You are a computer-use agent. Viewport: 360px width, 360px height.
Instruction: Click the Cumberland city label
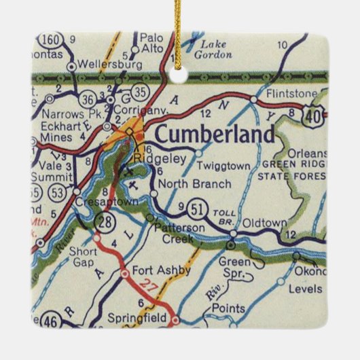215,134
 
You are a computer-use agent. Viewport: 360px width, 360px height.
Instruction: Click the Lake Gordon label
213,50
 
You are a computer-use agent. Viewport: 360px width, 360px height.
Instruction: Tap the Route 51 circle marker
196,206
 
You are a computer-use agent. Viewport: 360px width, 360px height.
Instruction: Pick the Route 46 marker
50,318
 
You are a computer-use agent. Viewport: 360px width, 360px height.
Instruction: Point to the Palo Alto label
151,43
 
